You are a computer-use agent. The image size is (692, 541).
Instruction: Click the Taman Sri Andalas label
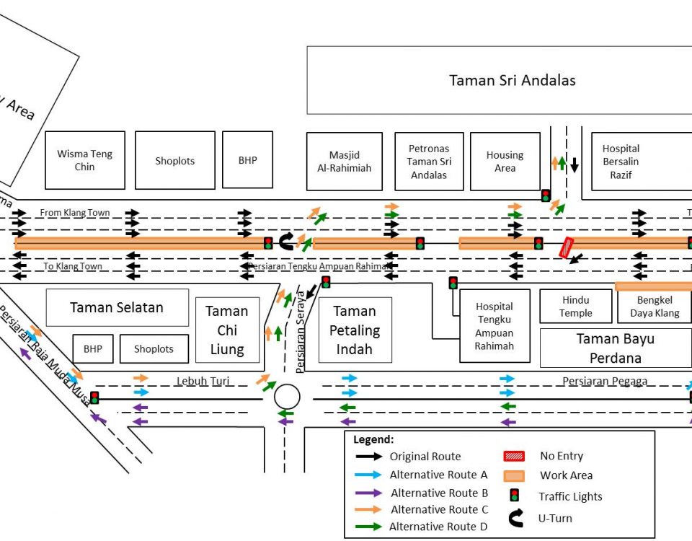tap(512, 80)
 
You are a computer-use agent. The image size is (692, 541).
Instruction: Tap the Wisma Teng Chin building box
tap(84, 160)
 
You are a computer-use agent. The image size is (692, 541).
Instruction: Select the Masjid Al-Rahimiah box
tap(344, 161)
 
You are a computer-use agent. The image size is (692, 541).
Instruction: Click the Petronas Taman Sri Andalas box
tap(429, 162)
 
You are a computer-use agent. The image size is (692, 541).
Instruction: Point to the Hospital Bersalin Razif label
tap(621, 162)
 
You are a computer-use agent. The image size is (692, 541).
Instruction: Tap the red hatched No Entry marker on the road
tap(567, 247)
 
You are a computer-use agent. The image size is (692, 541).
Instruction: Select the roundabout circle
tap(287, 396)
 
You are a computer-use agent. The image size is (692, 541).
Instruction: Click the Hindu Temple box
tap(575, 307)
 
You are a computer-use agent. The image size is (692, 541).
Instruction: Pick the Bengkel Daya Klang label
tap(654, 307)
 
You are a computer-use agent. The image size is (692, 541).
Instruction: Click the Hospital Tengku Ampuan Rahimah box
tap(494, 326)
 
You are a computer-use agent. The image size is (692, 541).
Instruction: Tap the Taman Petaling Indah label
tap(354, 330)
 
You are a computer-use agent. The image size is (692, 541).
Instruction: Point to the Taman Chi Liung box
tap(227, 330)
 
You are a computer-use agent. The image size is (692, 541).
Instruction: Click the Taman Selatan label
tap(117, 307)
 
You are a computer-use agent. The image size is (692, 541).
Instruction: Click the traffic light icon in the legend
tap(515, 496)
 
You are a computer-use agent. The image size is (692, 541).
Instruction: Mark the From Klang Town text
tap(75, 213)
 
